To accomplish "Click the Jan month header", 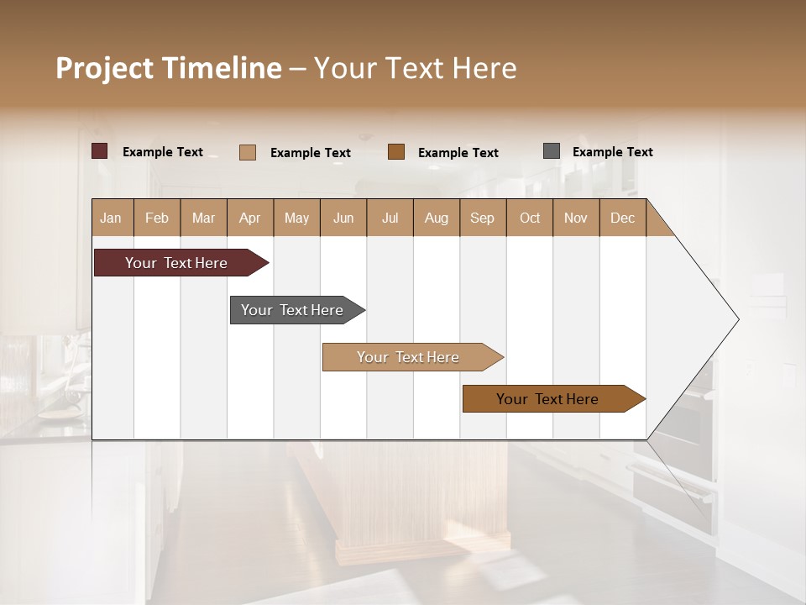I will (111, 218).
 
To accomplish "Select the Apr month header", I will (249, 218).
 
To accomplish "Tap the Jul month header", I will (390, 218).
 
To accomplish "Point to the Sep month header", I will (482, 218).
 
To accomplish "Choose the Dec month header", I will (622, 218).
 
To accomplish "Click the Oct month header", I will (530, 218).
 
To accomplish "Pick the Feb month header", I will (157, 218).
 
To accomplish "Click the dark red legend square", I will (100, 151).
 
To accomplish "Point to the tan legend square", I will (248, 152).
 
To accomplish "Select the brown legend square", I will (396, 152).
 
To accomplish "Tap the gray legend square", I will (552, 151).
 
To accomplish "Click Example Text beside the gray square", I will (612, 152).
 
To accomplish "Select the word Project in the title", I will (104, 68).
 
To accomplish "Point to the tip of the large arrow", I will (736, 319).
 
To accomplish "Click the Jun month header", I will (343, 218).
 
